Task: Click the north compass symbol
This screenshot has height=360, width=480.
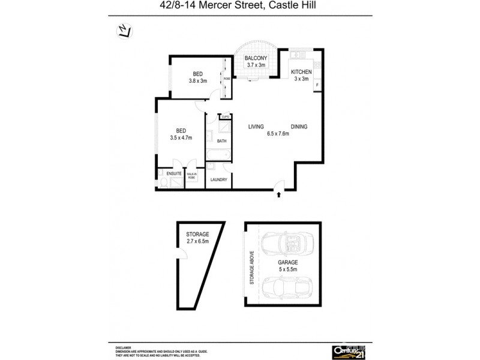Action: (123, 31)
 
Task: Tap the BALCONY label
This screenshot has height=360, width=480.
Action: (256, 59)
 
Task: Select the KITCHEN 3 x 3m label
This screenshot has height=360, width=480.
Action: (301, 75)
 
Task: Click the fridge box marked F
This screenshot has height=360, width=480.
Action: (316, 85)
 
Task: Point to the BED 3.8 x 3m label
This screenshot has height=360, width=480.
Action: (197, 77)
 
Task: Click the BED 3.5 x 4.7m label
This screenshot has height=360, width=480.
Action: (181, 134)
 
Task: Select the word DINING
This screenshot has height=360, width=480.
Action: (299, 127)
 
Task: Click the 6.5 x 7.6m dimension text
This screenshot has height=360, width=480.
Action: (278, 134)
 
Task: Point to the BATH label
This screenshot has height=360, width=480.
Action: (221, 142)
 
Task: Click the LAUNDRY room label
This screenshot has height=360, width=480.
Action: (218, 179)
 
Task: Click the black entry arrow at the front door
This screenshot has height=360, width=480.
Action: (279, 194)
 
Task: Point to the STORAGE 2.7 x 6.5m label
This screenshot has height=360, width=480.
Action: (197, 238)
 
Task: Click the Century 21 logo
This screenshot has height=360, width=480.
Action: (348, 351)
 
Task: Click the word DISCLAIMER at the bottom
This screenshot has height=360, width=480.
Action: (124, 347)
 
